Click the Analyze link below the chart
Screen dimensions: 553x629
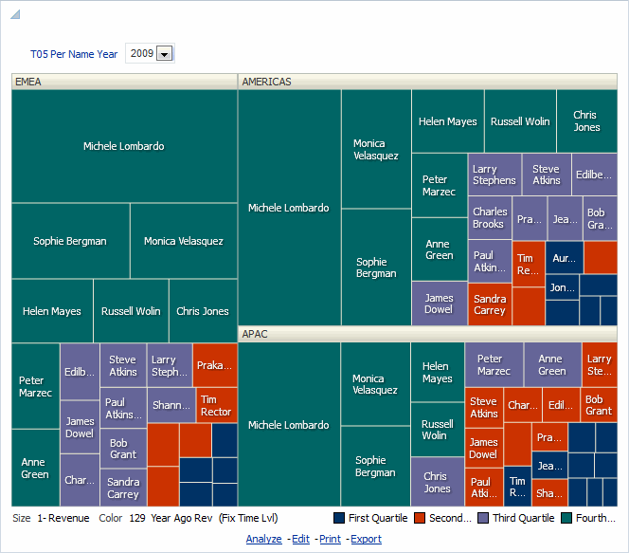point(263,539)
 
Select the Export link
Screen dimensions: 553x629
point(366,539)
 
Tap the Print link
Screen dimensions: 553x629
point(330,539)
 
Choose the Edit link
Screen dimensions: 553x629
point(300,539)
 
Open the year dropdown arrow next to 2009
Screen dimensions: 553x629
point(164,54)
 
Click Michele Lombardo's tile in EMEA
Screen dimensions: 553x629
point(123,146)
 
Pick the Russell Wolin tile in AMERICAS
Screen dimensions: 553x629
point(520,121)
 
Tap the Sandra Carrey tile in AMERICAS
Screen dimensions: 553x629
point(490,304)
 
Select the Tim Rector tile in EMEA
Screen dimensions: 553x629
point(216,405)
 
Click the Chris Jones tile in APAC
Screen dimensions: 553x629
point(436,482)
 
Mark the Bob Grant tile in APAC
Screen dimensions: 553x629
point(599,405)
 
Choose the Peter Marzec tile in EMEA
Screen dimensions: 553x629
point(35,386)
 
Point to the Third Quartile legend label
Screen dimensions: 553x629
point(522,518)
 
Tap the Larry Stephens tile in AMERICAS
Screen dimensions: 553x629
point(494,175)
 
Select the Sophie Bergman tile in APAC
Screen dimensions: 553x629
point(375,466)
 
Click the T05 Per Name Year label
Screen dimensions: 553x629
point(74,54)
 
